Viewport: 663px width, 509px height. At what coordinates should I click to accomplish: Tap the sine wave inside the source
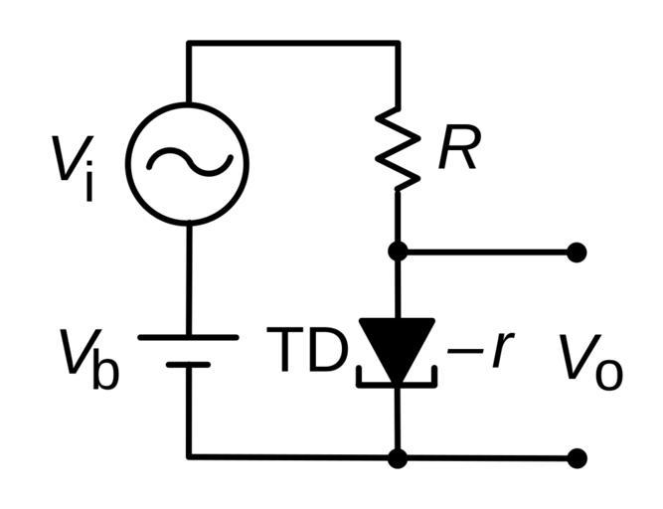coord(189,163)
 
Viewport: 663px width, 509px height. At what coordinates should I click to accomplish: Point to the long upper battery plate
coord(188,337)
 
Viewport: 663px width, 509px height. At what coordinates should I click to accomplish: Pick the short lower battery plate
coord(188,365)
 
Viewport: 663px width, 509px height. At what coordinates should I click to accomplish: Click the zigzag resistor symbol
coord(398,149)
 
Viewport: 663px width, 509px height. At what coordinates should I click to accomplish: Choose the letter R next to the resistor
coord(458,151)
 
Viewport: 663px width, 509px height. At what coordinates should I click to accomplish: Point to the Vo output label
coord(590,360)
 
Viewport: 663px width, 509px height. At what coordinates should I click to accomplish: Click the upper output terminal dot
coord(577,253)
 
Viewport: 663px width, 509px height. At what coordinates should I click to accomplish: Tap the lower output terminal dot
coord(577,457)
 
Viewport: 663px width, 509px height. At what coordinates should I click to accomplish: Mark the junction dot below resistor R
coord(398,253)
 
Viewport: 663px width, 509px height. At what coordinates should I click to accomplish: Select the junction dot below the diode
coord(398,457)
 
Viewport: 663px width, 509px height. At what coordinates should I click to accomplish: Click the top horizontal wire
coord(293,43)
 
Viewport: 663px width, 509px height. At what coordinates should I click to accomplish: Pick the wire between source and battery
coord(188,278)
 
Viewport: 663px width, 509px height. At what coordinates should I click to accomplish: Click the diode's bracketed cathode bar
coord(397,381)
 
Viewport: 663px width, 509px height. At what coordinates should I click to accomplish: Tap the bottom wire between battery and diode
coord(293,457)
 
